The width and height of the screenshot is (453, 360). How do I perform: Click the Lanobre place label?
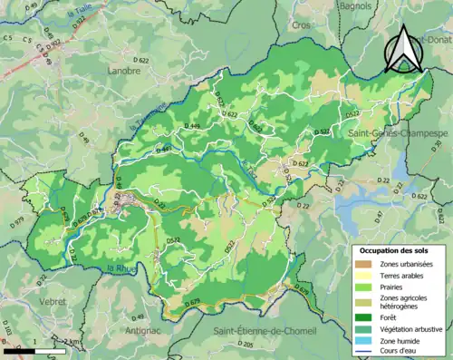click(127, 70)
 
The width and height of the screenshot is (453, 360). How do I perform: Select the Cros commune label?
click(302, 51)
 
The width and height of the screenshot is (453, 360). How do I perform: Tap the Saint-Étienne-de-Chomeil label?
click(265, 331)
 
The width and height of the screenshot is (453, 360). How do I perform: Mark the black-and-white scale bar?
click(24, 350)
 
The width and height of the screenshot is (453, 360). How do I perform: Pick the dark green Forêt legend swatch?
click(364, 316)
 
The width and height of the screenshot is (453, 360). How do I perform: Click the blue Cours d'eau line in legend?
click(364, 354)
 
